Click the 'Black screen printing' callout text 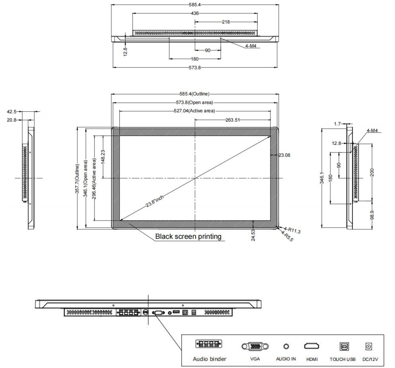coord(188,237)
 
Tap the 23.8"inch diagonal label coord(155,201)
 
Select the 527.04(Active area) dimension coord(194,111)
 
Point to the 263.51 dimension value coord(233,120)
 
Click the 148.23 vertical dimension coord(103,157)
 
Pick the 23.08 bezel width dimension coord(284,155)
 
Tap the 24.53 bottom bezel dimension coord(253,235)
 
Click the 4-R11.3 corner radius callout coord(292,230)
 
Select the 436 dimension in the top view coord(195,13)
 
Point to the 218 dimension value coord(226,22)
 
